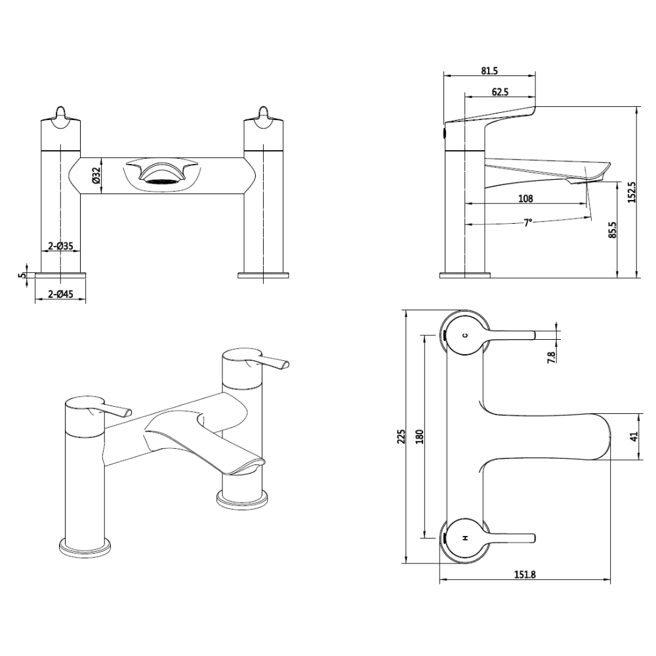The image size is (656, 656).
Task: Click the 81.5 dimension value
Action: tap(489, 71)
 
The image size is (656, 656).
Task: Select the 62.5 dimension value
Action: tap(500, 92)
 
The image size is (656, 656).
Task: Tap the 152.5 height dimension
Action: tap(631, 192)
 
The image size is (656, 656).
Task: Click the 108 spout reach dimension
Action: tap(525, 199)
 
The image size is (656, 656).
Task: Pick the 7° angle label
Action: tap(528, 222)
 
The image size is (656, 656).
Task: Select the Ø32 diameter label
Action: tap(95, 176)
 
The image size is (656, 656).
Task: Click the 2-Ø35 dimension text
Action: tap(60, 246)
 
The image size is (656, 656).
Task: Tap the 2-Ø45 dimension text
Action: tap(60, 294)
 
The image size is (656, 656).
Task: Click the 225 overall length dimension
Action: tap(402, 436)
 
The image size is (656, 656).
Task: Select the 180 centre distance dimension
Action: tap(420, 436)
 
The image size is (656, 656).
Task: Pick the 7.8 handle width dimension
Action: tap(552, 358)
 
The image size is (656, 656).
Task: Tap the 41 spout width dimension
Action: tap(634, 436)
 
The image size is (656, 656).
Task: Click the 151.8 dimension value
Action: tap(525, 575)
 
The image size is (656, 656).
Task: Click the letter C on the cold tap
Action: tap(465, 335)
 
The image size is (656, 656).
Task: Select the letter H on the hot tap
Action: tap(465, 538)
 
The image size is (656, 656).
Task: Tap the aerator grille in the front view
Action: tap(160, 182)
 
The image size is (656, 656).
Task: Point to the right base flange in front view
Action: tap(263, 275)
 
